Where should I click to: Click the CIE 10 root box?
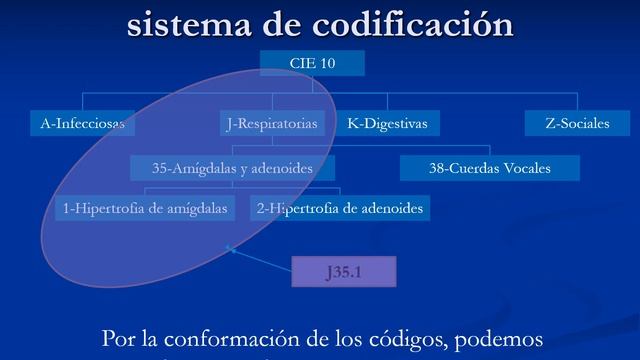[x=312, y=64]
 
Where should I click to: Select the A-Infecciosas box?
[x=82, y=124]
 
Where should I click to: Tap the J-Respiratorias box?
[x=273, y=124]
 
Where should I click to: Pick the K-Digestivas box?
[x=387, y=124]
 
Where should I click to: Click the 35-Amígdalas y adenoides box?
[x=232, y=169]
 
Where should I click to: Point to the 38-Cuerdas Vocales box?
[x=490, y=169]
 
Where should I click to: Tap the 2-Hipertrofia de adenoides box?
[x=340, y=209]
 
